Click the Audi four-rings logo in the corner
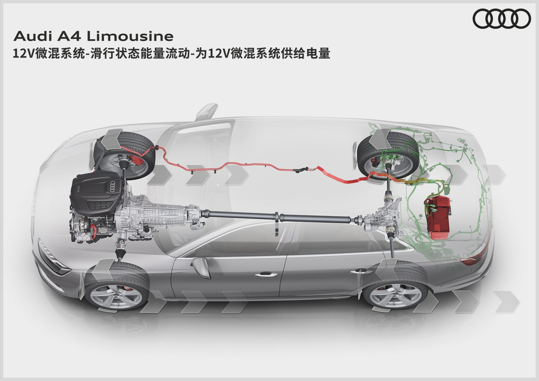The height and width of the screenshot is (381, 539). (502, 19)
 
